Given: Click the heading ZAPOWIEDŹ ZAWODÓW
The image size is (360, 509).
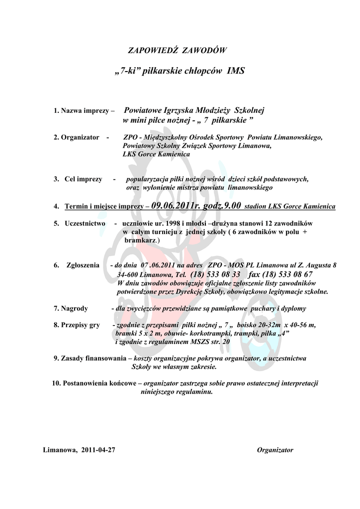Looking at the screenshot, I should tap(178, 50).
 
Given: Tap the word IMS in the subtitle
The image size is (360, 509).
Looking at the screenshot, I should tap(235, 71).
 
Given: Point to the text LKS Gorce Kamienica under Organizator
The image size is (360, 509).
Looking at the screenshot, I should tap(156, 154).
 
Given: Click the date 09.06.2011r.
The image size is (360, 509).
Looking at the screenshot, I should tap(176, 205).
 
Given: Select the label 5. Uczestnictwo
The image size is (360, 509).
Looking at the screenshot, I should tap(80, 224).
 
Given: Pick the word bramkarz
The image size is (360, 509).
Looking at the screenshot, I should tap(140, 240).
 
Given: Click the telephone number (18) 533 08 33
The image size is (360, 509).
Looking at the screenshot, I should tap(215, 274).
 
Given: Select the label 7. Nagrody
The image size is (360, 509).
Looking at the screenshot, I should tap(71, 308).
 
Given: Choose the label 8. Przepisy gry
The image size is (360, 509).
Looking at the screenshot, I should tap(76, 325).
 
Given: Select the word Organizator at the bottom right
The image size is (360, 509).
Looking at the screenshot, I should tap(275, 450).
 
